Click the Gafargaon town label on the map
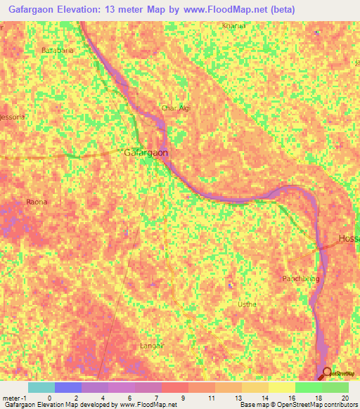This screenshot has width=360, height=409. coord(146,152)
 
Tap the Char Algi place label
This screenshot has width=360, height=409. coord(176,108)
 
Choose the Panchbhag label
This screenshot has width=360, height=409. coord(301,278)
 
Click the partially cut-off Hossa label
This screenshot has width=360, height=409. coord(349,239)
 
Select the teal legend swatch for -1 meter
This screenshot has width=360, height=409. coord(41,387)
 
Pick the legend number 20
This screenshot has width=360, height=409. coord(345,398)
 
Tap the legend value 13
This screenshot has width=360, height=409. coord(229,398)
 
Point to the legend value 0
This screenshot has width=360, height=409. coord(49,398)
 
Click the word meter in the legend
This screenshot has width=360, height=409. coord(13,398)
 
